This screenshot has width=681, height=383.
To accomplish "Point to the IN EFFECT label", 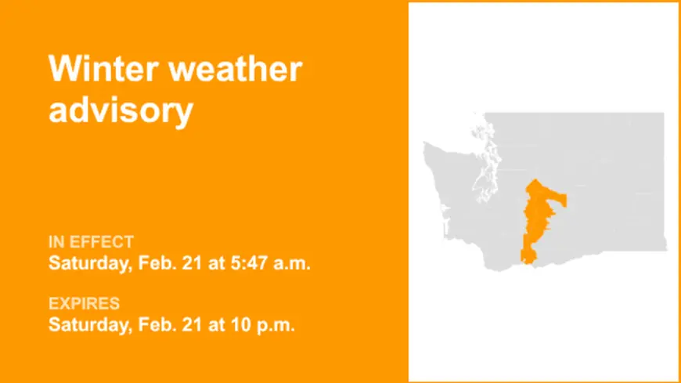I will click(x=91, y=241).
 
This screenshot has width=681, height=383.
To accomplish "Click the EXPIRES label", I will click(x=84, y=303).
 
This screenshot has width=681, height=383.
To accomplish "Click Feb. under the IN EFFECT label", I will click(x=154, y=262).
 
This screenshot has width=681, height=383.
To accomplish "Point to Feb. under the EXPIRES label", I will click(x=154, y=324).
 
